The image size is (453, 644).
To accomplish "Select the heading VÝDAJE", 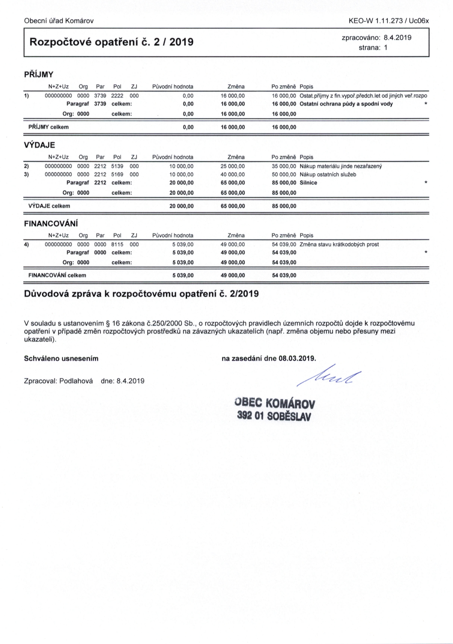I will (39, 145).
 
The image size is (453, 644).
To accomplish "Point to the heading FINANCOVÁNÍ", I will (51, 224).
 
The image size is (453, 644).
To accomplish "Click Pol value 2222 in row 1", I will (117, 96).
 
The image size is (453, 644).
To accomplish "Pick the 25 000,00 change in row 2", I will (233, 166).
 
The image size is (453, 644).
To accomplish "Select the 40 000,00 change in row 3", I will (233, 175).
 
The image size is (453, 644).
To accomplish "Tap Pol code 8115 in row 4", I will (117, 244).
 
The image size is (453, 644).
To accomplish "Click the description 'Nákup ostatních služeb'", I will (328, 175).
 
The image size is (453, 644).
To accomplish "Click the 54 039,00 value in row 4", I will (284, 244).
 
